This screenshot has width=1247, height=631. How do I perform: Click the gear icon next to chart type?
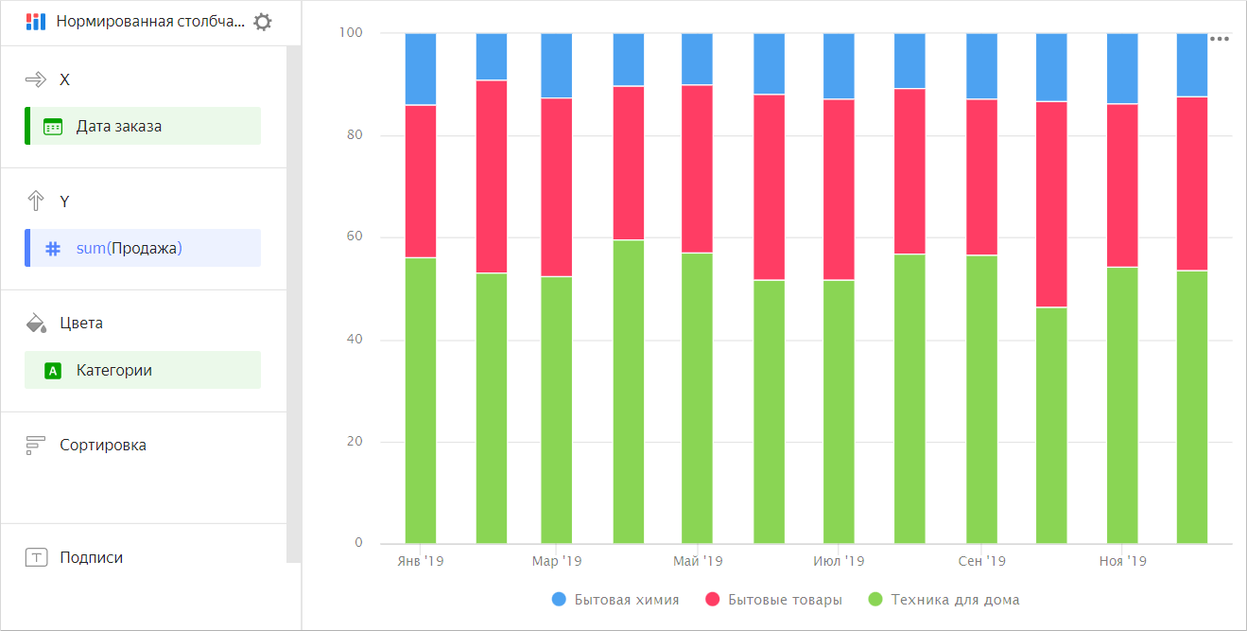click(x=263, y=22)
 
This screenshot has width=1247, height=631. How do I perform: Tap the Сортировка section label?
click(x=102, y=445)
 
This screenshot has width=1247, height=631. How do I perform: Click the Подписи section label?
click(x=91, y=557)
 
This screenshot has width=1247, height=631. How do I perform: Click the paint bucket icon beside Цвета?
click(x=36, y=324)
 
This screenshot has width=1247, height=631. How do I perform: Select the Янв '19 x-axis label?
click(x=420, y=561)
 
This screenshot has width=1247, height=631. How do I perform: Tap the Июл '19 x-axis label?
click(x=839, y=561)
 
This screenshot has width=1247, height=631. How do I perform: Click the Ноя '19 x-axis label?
click(x=1122, y=561)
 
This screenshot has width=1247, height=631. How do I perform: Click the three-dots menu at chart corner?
click(x=1220, y=39)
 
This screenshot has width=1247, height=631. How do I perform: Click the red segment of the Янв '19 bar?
click(x=421, y=181)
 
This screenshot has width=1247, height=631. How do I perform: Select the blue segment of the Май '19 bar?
click(x=697, y=59)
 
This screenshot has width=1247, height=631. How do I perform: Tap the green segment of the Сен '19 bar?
click(x=981, y=397)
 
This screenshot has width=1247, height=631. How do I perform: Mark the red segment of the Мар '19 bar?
click(x=556, y=186)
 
